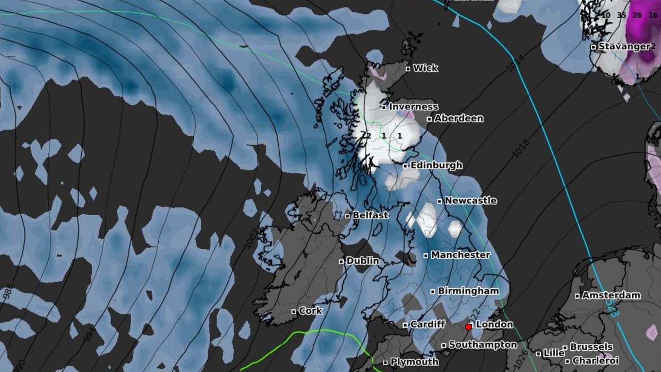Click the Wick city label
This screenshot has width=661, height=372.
point(425,68)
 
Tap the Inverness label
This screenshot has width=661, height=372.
point(413,107)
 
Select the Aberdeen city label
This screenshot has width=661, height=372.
point(458,119)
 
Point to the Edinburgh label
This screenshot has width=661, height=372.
point(436,165)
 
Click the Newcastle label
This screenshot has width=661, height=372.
point(470,201)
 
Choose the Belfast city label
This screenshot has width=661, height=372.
point(370,216)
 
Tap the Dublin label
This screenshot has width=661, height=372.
point(362,261)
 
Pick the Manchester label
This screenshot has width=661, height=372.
point(460,255)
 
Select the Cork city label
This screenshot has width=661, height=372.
point(310,311)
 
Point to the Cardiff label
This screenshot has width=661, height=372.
point(427,324)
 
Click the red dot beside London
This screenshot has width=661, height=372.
point(468,327)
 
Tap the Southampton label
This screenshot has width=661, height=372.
point(483,345)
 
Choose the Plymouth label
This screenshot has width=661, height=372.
point(414,362)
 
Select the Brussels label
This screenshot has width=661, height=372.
point(591,347)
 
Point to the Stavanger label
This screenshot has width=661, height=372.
point(624,47)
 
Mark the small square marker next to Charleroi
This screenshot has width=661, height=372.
point(568,361)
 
